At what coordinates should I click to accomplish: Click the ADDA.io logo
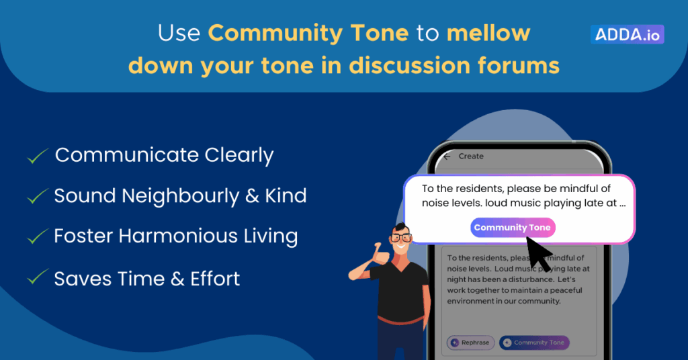(627, 34)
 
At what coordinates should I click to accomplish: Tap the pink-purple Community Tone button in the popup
(513, 228)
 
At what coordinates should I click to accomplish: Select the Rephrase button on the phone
(471, 343)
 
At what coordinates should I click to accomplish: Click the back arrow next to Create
(447, 156)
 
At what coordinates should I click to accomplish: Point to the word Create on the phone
(471, 156)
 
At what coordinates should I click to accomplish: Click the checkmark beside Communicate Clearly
(38, 156)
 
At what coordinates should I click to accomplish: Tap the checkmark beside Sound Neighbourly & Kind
(38, 196)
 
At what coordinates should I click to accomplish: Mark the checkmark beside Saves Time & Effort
(38, 277)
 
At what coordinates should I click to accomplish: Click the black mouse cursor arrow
(539, 253)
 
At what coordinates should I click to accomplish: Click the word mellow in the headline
(488, 33)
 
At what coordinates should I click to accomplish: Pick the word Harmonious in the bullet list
(177, 236)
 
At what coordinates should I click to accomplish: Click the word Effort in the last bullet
(215, 279)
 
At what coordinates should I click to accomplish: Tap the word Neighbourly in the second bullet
(180, 196)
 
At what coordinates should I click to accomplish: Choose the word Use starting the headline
(179, 34)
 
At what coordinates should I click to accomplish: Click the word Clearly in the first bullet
(239, 155)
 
